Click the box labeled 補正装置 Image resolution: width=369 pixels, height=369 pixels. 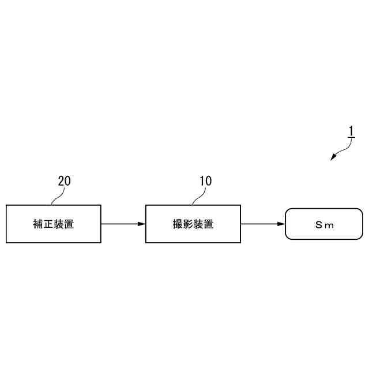tap(53, 224)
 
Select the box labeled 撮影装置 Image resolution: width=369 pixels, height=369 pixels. tap(193, 224)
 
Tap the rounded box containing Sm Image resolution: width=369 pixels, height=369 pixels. tap(324, 224)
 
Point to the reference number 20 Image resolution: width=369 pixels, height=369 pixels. tap(65, 181)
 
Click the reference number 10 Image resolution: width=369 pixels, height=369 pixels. tap(205, 181)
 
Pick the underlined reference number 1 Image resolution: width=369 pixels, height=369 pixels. tap(351, 131)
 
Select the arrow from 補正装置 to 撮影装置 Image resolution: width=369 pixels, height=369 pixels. tap(122, 224)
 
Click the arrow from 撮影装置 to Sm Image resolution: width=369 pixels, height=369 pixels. tap(262, 224)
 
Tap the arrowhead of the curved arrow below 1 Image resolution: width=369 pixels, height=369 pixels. tap(333, 158)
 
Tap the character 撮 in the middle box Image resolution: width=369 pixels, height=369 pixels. tap(178, 224)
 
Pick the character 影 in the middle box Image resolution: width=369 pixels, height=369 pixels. tap(188, 224)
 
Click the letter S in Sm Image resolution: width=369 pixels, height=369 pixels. tap(318, 225)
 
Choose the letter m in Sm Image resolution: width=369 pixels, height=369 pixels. tap(330, 225)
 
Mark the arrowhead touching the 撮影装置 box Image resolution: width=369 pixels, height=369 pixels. tap(142, 224)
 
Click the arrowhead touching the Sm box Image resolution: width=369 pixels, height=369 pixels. tap(281, 224)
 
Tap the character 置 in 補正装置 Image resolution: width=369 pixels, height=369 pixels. tap(69, 224)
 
